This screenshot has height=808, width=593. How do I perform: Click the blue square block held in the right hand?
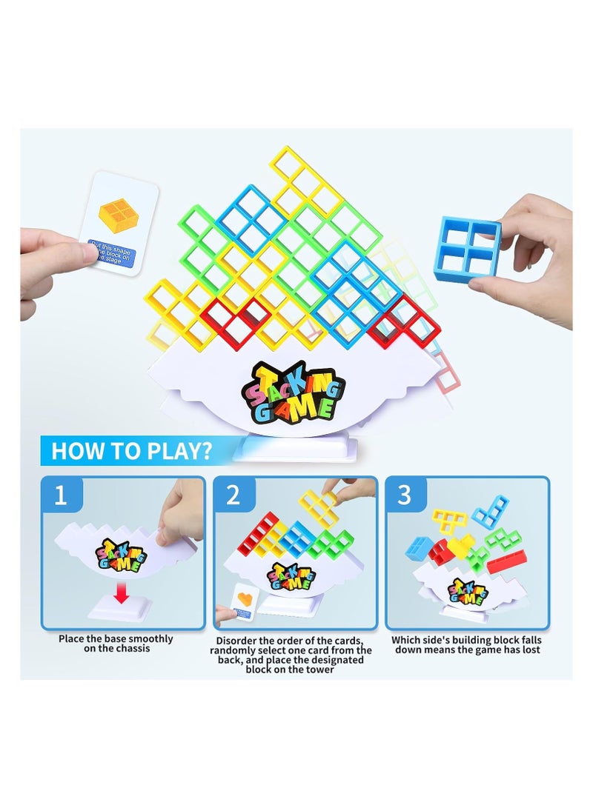click(x=467, y=249)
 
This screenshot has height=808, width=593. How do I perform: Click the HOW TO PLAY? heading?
click(x=132, y=450)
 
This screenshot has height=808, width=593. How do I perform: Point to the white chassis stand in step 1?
click(x=119, y=609)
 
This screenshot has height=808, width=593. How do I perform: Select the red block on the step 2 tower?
click(x=257, y=535)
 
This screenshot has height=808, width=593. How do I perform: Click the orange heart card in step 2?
click(x=245, y=596)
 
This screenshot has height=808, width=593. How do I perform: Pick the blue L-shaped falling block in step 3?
click(x=490, y=510)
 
